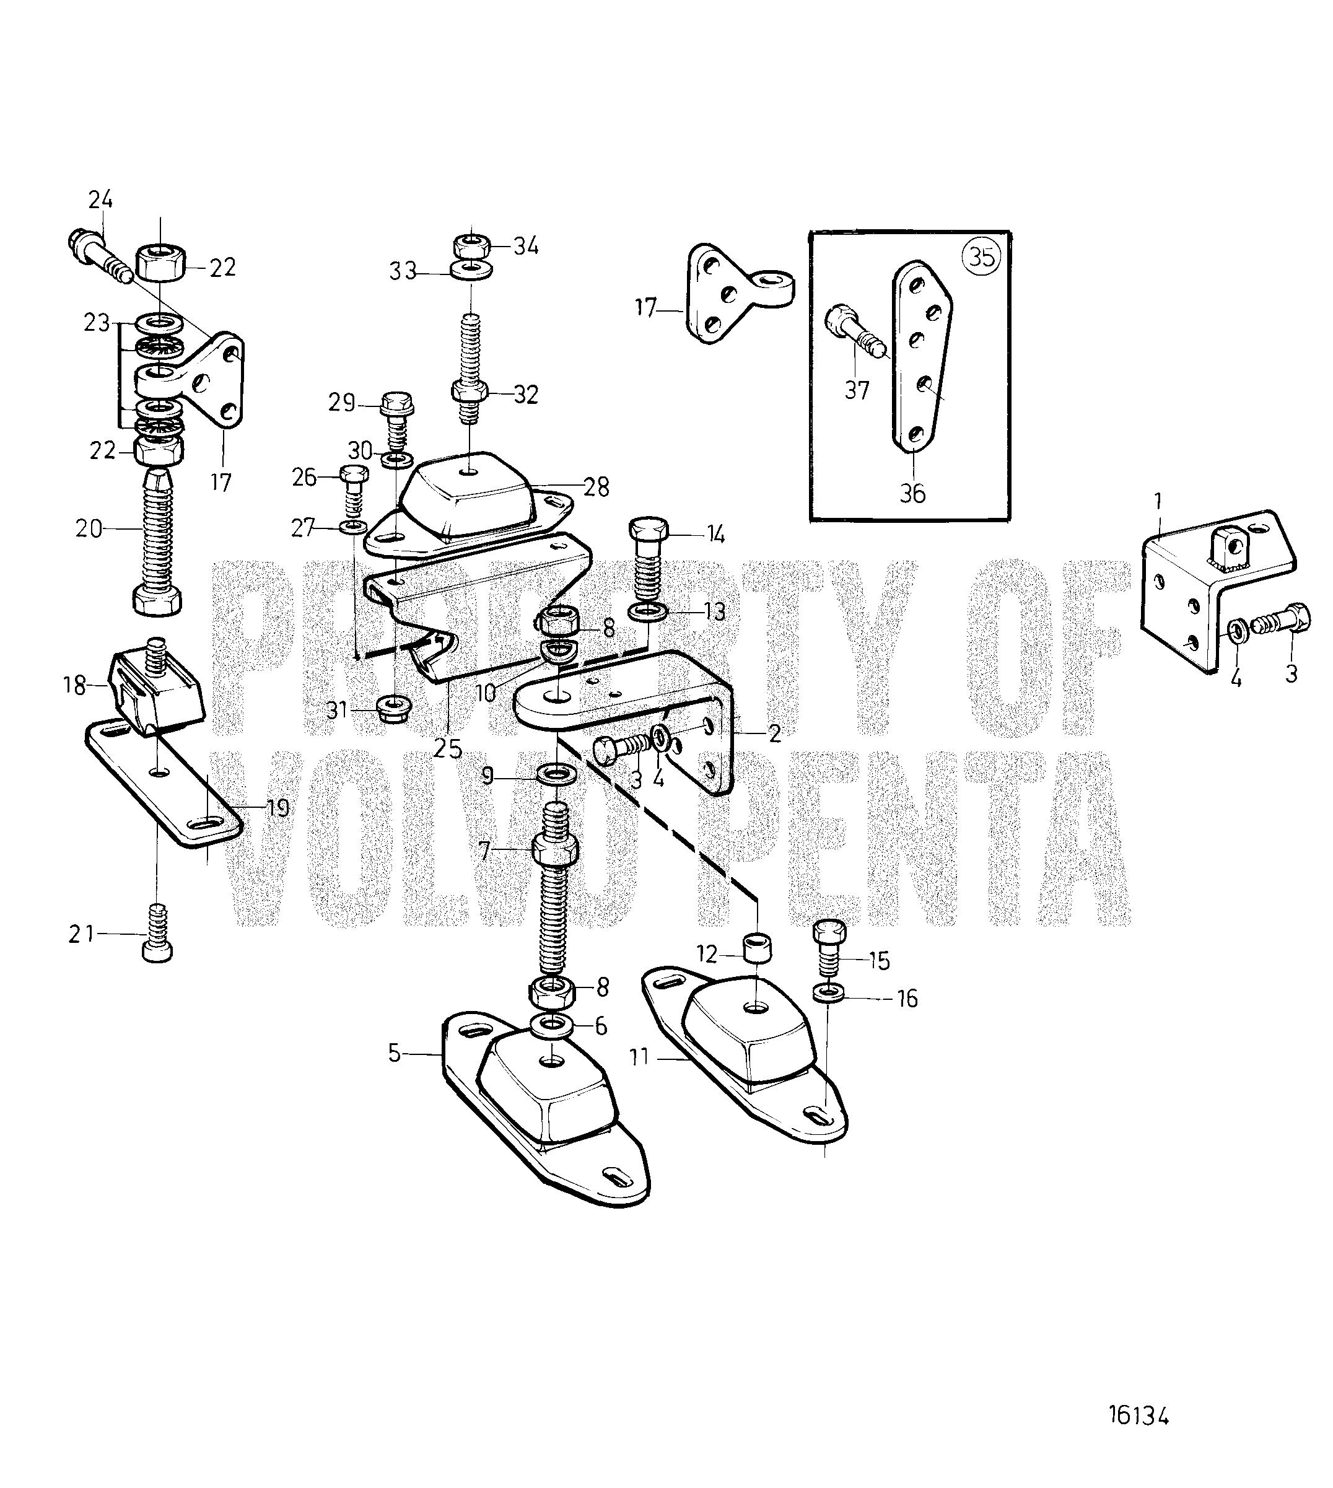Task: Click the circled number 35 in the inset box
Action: (x=981, y=257)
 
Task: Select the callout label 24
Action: (x=100, y=199)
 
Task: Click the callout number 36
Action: (x=912, y=493)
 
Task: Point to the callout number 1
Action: (x=1158, y=501)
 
